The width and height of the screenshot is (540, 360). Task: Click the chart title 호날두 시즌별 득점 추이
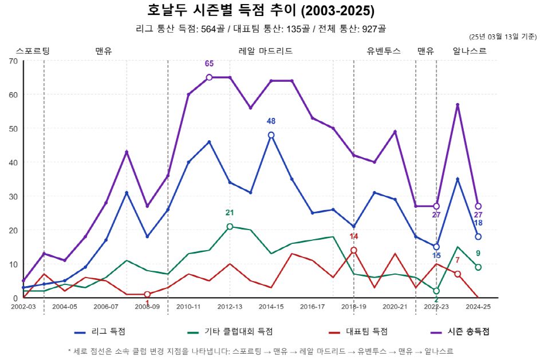point(261,11)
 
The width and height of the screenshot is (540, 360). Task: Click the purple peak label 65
point(209,64)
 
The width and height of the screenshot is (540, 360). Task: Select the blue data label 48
point(271,121)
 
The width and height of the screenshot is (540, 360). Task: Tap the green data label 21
point(230,213)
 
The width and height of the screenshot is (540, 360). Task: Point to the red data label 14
point(353,236)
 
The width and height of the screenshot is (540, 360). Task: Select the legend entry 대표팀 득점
point(366,331)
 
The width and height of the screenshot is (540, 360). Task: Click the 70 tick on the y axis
point(13,61)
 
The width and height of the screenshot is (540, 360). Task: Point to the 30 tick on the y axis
point(13,196)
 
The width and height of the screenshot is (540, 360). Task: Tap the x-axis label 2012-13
point(230,307)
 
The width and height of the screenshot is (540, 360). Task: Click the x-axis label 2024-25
point(478,307)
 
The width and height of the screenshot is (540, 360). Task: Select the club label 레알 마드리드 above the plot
point(265,51)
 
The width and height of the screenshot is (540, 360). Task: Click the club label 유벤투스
point(384,51)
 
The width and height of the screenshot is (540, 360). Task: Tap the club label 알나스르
point(469,51)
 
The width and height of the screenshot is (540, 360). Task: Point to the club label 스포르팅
point(33,51)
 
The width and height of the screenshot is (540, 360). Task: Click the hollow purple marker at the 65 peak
point(209,77)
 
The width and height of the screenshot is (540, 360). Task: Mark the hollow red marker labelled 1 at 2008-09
point(147,294)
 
